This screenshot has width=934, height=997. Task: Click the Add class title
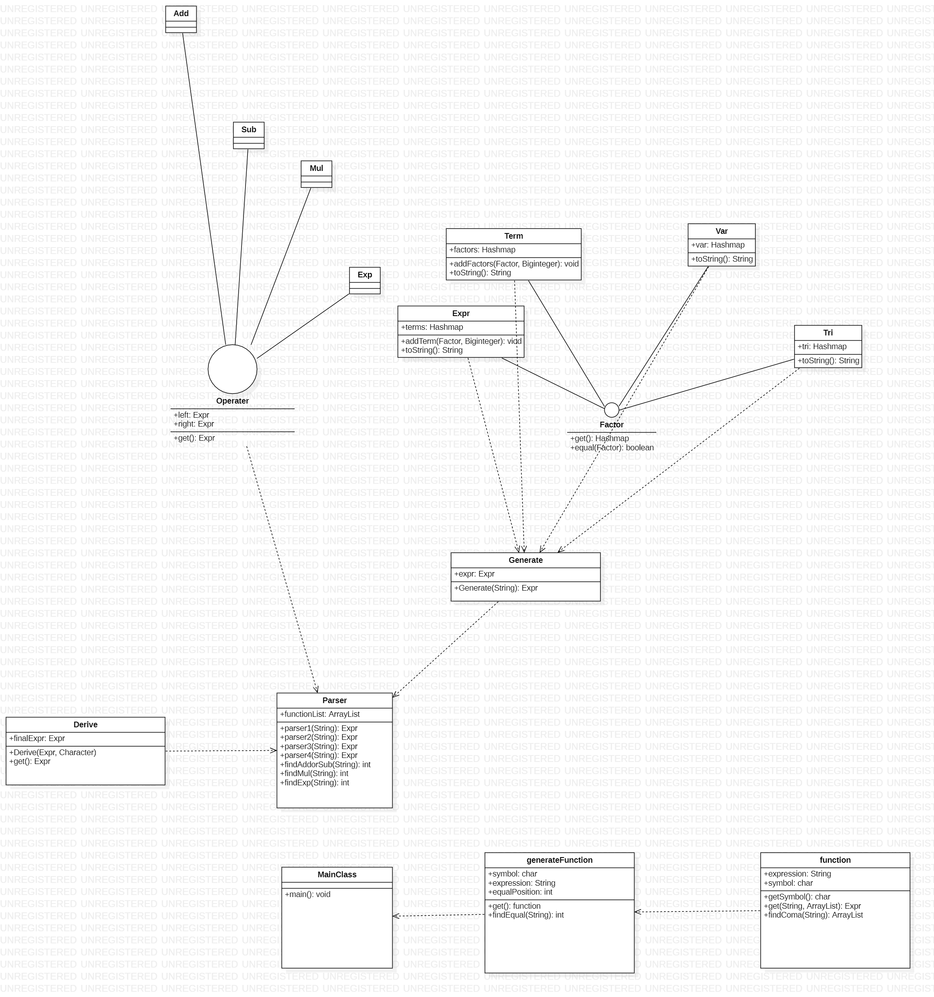[181, 14]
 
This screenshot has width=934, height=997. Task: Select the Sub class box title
[249, 129]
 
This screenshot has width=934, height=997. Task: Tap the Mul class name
[316, 168]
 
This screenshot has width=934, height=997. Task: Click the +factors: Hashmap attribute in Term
[482, 250]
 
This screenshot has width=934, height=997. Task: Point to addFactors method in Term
[514, 264]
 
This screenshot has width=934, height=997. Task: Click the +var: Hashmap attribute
[718, 245]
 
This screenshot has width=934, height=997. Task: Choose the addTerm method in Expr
[461, 341]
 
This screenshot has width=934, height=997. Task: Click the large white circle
[233, 369]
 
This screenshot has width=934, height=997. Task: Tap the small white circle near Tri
[612, 410]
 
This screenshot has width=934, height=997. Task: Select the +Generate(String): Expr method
[496, 588]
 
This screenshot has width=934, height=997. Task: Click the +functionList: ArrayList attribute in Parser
[319, 714]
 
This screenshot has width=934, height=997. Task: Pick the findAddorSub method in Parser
[325, 764]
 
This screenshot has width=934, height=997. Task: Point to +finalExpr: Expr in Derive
[37, 738]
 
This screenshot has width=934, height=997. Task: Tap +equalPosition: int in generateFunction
[520, 892]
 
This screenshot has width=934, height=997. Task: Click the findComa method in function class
[813, 915]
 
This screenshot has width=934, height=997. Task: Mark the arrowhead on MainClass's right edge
[395, 916]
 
